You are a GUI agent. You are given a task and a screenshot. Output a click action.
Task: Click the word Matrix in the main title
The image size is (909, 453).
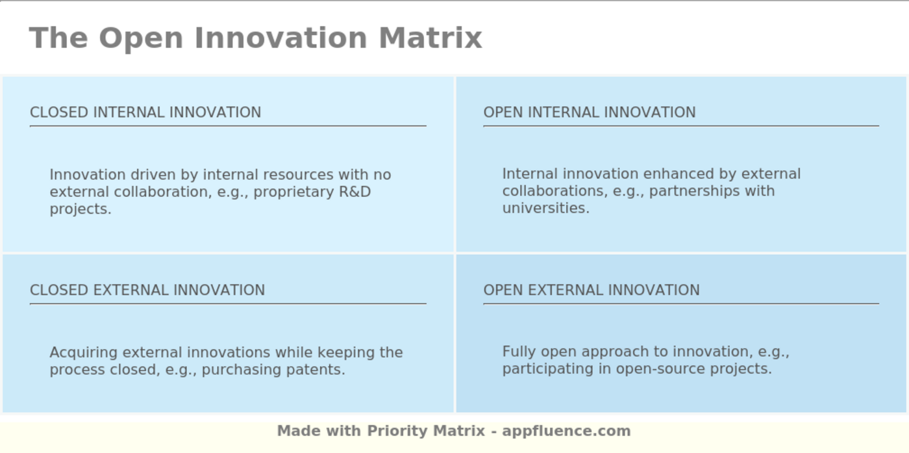pos(430,38)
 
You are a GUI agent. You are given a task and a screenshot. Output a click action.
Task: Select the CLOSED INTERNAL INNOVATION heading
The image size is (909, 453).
pos(145,112)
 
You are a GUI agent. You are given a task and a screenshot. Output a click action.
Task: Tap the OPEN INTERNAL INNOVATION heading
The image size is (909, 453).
pos(589,112)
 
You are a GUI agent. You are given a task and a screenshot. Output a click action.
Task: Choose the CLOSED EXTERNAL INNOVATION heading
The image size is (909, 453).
pos(147,290)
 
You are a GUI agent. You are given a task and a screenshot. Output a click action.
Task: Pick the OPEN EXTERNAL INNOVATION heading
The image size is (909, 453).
pos(591,290)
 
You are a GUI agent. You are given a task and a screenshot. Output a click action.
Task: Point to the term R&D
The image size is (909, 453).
pos(355,192)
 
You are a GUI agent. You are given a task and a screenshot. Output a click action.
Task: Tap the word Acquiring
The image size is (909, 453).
pos(84,353)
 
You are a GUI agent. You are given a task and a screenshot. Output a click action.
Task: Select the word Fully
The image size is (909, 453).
pos(519,352)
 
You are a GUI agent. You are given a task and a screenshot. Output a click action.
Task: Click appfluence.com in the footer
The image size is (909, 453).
pos(566,431)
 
